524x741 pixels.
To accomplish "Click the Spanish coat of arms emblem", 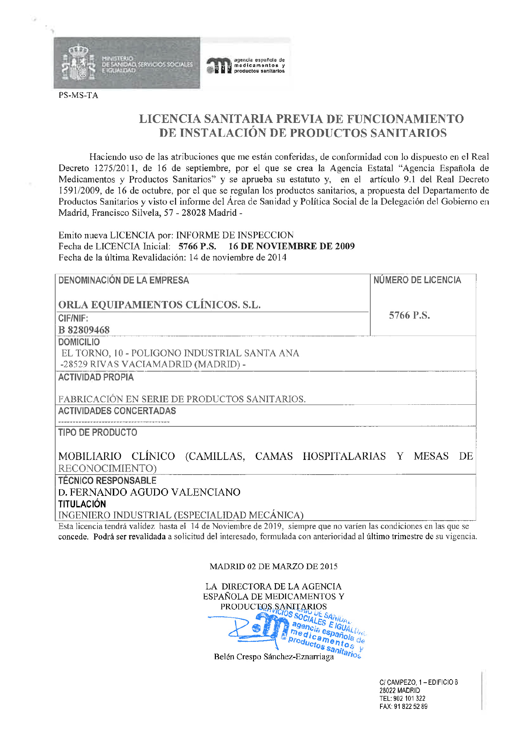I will [x=78, y=63].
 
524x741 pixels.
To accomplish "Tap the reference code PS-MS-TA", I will [x=78, y=95].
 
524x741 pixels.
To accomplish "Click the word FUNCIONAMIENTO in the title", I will [x=405, y=119].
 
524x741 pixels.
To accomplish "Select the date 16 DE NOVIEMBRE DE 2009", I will [x=291, y=246].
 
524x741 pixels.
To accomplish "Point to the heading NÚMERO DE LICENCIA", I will [x=417, y=280].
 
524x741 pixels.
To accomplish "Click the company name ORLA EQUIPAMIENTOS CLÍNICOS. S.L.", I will [x=159, y=305].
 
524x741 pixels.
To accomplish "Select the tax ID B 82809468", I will [x=84, y=330].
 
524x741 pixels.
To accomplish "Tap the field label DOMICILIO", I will [x=79, y=342].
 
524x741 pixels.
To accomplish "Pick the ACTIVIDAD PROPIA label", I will [x=96, y=377].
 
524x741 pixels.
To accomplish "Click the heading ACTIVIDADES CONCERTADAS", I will [x=117, y=411].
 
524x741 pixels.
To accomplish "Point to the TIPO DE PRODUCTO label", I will [x=98, y=432].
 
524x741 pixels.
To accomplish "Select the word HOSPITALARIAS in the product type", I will [x=344, y=456].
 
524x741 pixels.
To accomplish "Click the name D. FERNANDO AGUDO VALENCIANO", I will [x=149, y=492].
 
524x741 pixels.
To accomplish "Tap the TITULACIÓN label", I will [x=82, y=504].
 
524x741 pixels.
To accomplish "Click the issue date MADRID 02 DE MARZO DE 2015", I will [x=274, y=566].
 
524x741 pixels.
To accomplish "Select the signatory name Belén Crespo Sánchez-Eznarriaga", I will [x=274, y=657].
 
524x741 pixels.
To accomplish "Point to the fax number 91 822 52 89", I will [x=410, y=706].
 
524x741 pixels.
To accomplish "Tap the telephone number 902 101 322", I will [x=409, y=698].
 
